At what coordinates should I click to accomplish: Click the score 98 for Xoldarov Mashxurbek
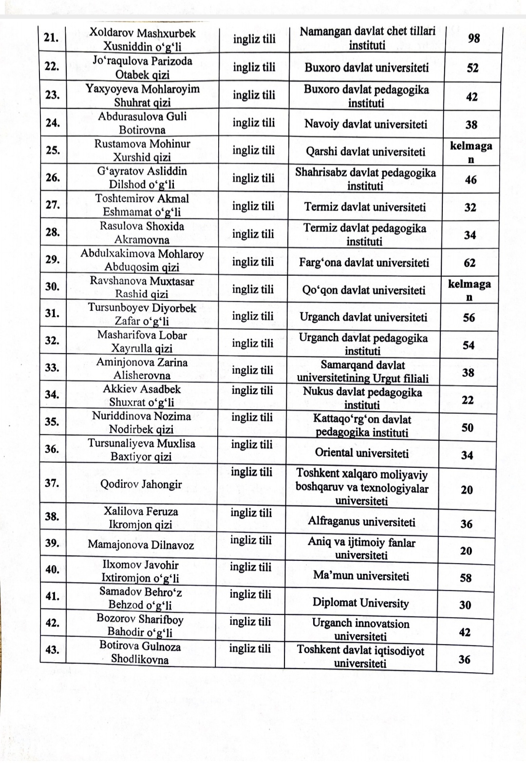(473, 38)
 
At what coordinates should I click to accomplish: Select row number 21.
(51, 38)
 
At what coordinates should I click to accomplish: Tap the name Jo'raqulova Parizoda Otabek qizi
(142, 68)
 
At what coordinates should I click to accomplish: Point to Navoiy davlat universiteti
(366, 124)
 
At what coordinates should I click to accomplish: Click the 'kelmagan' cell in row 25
(470, 152)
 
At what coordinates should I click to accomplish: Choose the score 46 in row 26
(470, 180)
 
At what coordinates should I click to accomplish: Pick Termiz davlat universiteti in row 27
(365, 207)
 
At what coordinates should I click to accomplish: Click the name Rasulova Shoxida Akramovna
(142, 233)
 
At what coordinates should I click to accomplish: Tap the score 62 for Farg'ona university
(470, 263)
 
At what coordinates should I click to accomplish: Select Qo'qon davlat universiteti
(363, 290)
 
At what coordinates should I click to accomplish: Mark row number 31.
(52, 313)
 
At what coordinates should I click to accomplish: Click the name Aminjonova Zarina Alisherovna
(142, 369)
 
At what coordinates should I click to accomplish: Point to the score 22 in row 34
(468, 400)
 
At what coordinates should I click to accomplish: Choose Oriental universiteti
(361, 453)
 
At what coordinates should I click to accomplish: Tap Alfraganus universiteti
(361, 522)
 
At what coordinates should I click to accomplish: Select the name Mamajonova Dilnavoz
(141, 545)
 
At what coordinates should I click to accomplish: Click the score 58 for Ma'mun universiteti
(466, 578)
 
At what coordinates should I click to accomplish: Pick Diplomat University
(360, 603)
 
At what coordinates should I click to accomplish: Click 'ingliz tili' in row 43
(250, 649)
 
